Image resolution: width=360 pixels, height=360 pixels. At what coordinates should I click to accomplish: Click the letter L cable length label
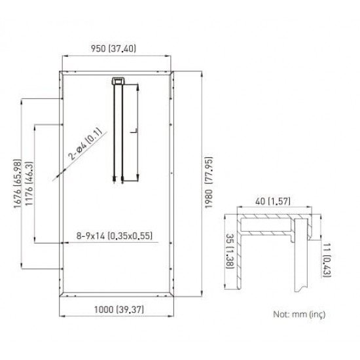(x=133, y=131)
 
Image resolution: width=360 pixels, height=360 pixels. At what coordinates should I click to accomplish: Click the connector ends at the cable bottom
(x=118, y=178)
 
